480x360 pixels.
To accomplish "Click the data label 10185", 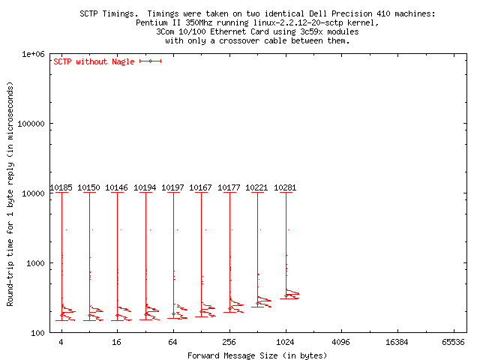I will pos(61,187).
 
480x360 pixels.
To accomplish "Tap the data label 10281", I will pos(286,187).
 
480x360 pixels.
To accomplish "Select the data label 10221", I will pos(257,187).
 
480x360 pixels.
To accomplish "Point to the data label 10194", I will pos(145,187).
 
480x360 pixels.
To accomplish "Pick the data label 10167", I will pos(201,187).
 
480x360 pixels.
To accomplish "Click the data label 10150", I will pos(88,187).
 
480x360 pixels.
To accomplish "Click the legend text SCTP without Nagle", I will pos(94,61).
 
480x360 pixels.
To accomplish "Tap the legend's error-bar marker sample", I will pos(150,61).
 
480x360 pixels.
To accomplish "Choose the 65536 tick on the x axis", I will pos(454,343).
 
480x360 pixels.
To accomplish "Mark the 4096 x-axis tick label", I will pos(341,343).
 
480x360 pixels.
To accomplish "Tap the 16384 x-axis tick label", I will pos(397,343).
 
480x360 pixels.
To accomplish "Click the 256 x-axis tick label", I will pos(229,343).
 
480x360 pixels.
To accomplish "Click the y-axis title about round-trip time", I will pos(10,193).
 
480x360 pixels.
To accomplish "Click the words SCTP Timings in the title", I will pos(106,14).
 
